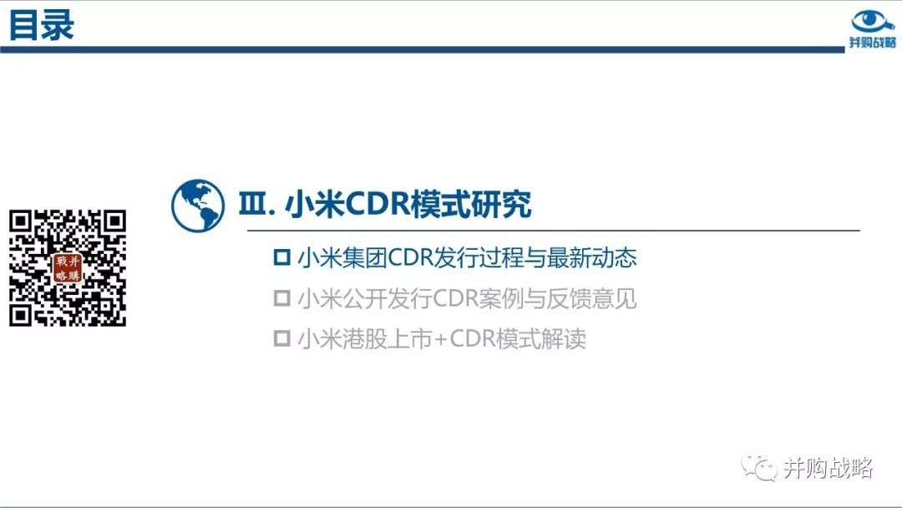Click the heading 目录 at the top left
[42, 25]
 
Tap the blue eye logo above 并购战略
[872, 22]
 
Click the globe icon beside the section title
[197, 206]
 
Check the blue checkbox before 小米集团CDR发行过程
[282, 257]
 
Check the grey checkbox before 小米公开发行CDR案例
[282, 298]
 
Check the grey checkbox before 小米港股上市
[282, 338]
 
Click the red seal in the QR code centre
[68, 269]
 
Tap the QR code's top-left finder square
[21, 221]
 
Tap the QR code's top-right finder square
[114, 221]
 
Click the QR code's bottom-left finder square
[21, 315]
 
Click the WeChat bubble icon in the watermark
[759, 467]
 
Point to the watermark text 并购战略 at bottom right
[829, 468]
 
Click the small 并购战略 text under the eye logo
[873, 43]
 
